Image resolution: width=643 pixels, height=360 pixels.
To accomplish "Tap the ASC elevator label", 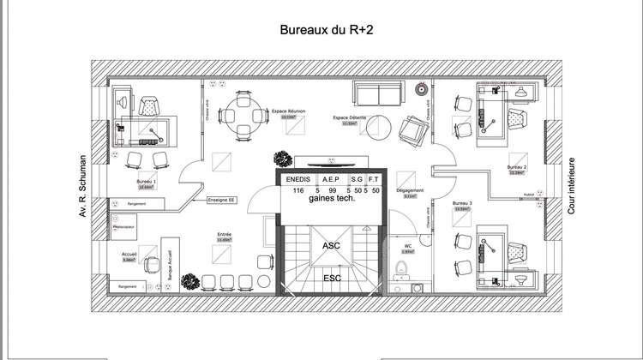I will click(330, 245).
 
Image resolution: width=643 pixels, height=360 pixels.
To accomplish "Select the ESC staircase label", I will click(330, 279).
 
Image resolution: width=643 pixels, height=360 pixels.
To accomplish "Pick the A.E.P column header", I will click(332, 179).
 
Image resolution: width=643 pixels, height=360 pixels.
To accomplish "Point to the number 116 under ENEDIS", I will click(298, 190).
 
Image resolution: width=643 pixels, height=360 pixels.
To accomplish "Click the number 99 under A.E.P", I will click(332, 190).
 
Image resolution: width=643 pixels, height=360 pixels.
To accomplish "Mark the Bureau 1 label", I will click(147, 182).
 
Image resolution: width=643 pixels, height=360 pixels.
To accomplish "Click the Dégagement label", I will click(410, 189).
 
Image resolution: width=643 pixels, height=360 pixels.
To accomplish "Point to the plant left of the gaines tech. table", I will click(281, 159).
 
